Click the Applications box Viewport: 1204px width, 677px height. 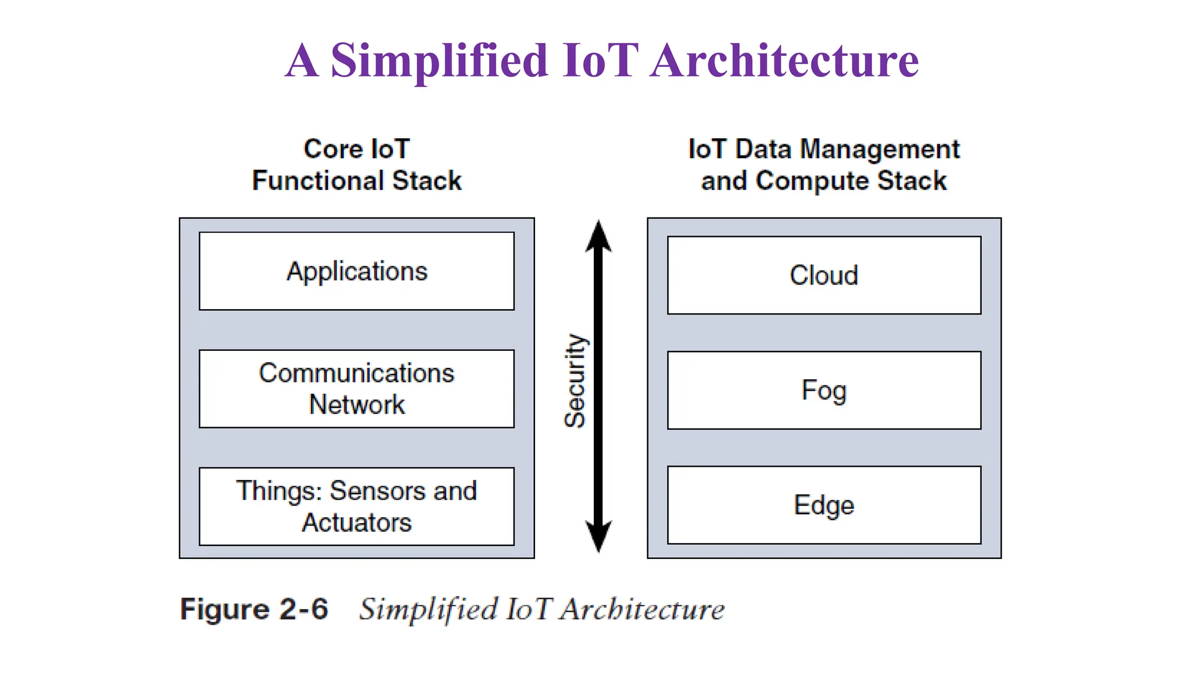click(356, 271)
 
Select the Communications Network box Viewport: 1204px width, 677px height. click(356, 388)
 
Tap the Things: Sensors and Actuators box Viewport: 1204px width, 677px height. click(356, 506)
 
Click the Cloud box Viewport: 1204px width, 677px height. click(824, 275)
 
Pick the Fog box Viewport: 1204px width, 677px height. click(824, 390)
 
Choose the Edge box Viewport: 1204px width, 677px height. click(824, 505)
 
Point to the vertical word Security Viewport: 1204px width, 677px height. click(576, 380)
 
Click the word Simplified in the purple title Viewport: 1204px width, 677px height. click(439, 61)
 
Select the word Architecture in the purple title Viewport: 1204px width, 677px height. click(784, 61)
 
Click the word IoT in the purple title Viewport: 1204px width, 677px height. click(600, 61)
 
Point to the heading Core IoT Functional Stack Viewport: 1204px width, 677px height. click(356, 165)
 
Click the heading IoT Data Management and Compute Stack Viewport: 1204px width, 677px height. click(824, 165)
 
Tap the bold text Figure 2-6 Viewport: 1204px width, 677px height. click(254, 609)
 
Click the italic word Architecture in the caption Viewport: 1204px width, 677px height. click(642, 609)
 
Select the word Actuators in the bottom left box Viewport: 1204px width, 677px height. click(356, 522)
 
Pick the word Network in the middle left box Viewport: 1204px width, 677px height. click(356, 405)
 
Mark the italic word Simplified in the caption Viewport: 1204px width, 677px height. click(429, 609)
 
